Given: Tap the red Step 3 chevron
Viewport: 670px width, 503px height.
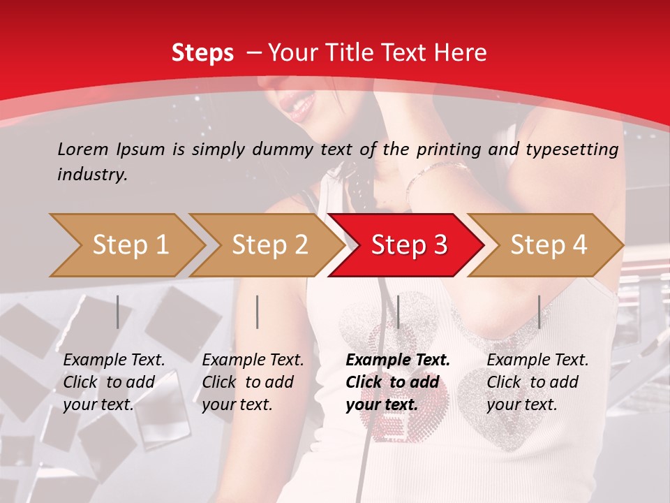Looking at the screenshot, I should [409, 245].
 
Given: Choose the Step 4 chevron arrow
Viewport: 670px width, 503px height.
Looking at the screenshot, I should [549, 245].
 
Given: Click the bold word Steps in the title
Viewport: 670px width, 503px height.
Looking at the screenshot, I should [202, 53].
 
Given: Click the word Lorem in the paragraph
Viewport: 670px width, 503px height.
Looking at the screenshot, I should [82, 149].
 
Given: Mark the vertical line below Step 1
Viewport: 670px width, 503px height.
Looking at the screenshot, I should [118, 312].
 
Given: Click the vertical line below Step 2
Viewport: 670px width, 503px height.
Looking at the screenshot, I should [258, 312].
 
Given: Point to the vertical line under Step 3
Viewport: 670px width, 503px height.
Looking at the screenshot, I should [398, 312].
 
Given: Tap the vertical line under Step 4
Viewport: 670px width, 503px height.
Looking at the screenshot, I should [539, 312].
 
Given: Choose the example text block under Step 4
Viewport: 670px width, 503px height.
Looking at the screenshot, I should [537, 382].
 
